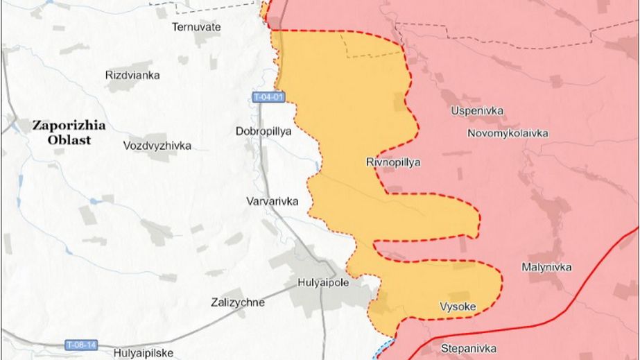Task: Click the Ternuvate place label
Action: (x=196, y=27)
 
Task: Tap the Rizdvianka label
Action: (x=132, y=75)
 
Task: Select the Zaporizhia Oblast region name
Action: (x=67, y=132)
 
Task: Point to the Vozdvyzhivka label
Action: (x=157, y=146)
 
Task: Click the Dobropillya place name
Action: (x=263, y=130)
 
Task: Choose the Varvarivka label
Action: (x=272, y=201)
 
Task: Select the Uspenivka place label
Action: (x=477, y=111)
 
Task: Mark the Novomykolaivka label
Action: (x=508, y=132)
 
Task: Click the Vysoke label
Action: (x=458, y=306)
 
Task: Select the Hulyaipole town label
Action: (x=322, y=282)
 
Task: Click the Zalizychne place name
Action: (x=237, y=302)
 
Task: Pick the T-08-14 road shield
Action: (x=80, y=345)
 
